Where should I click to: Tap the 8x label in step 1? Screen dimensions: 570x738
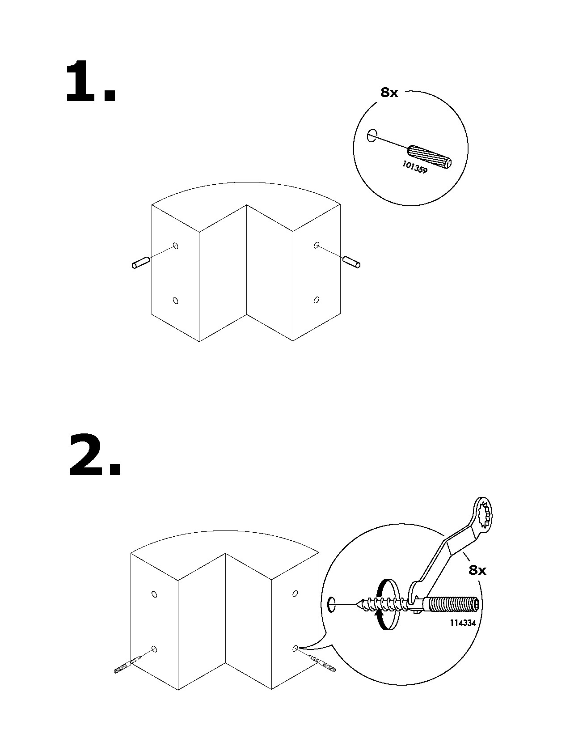coord(389,93)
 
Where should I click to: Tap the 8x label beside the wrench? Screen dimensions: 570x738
coord(477,570)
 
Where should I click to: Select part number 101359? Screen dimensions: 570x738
coord(414,167)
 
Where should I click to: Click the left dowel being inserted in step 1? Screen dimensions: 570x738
coord(140,263)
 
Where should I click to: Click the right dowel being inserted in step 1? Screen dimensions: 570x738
coord(351,263)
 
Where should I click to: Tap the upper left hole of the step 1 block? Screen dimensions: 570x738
coord(176,246)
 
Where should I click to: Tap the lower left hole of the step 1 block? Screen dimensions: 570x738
coord(176,300)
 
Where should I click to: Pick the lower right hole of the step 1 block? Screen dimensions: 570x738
coord(317,299)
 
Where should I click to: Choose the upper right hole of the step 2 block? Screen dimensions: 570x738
coord(295,594)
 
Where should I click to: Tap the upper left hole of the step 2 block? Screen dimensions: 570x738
coord(154,594)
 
